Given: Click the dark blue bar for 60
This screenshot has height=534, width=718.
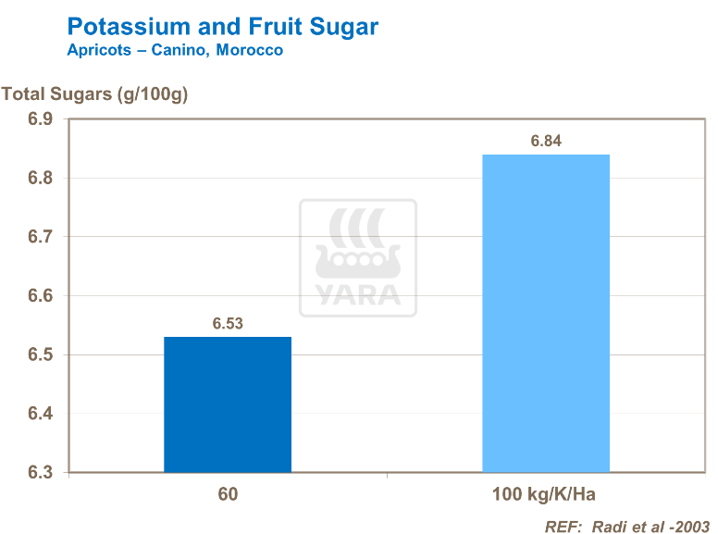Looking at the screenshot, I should coord(228,404).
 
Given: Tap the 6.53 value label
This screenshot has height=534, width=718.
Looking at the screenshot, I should coord(228,324).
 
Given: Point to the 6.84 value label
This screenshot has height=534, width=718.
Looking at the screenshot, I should coord(546,142).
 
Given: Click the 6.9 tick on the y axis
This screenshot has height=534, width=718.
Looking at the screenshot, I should coord(40,119).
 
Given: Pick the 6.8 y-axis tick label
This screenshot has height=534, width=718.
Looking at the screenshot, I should coord(40,179).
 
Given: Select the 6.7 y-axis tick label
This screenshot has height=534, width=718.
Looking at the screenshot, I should coord(40,237).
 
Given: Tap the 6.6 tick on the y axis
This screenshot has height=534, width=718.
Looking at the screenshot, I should coord(40,296).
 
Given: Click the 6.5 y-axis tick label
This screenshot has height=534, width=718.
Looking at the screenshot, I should coord(40,355).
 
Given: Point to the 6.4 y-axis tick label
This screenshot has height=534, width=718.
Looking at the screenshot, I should coord(40,414).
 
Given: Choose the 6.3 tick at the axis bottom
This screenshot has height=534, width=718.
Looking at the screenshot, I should coord(40,473).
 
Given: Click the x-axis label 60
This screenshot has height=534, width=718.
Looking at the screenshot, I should coord(228,494).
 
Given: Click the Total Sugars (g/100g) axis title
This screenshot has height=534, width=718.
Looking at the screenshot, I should coord(94,93).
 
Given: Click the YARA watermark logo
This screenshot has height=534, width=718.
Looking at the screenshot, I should coord(358,258).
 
